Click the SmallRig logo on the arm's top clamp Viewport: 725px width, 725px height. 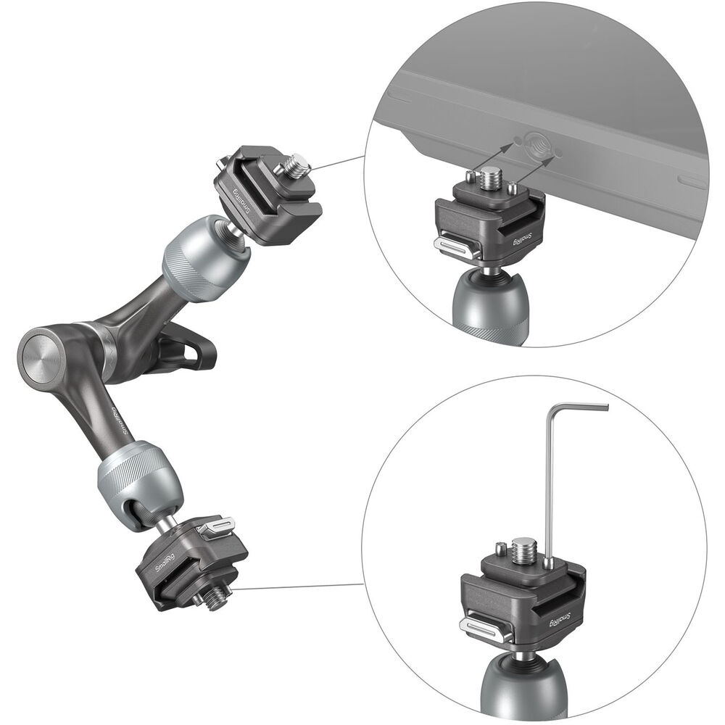coord(242,200)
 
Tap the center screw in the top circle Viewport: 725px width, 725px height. coord(489,178)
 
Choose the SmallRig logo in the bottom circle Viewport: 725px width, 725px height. coord(561,620)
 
